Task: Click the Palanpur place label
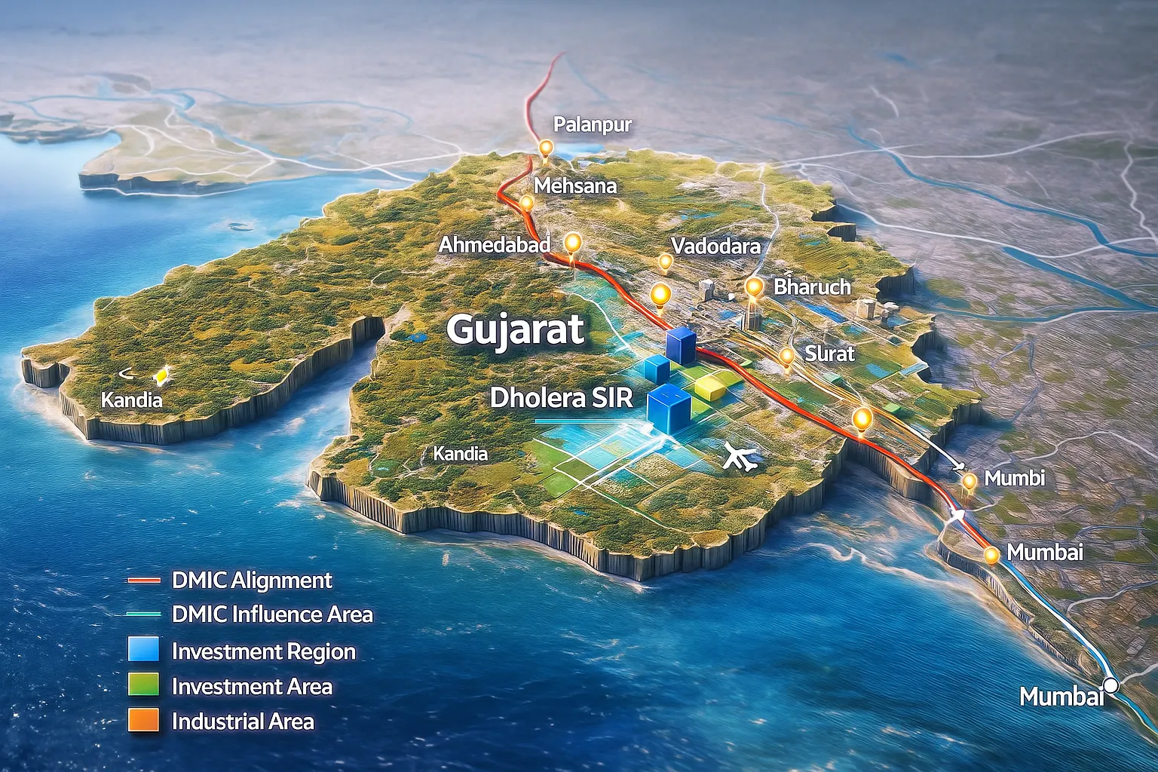[593, 124]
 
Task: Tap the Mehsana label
[575, 185]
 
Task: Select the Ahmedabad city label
[495, 244]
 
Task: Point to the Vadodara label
[715, 246]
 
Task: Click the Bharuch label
[812, 286]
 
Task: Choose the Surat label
[829, 353]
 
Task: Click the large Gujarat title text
[515, 329]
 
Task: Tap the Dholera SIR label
[562, 397]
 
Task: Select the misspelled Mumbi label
[1015, 478]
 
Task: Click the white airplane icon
[740, 457]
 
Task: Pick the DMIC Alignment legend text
[252, 580]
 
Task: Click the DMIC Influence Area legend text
[272, 614]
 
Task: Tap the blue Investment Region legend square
[143, 649]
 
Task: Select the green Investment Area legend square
[143, 685]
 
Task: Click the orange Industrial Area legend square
[143, 720]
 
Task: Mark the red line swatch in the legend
[144, 580]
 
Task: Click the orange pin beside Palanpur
[544, 147]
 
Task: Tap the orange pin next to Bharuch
[753, 286]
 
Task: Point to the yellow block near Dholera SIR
[710, 387]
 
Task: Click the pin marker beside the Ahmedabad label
[573, 243]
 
